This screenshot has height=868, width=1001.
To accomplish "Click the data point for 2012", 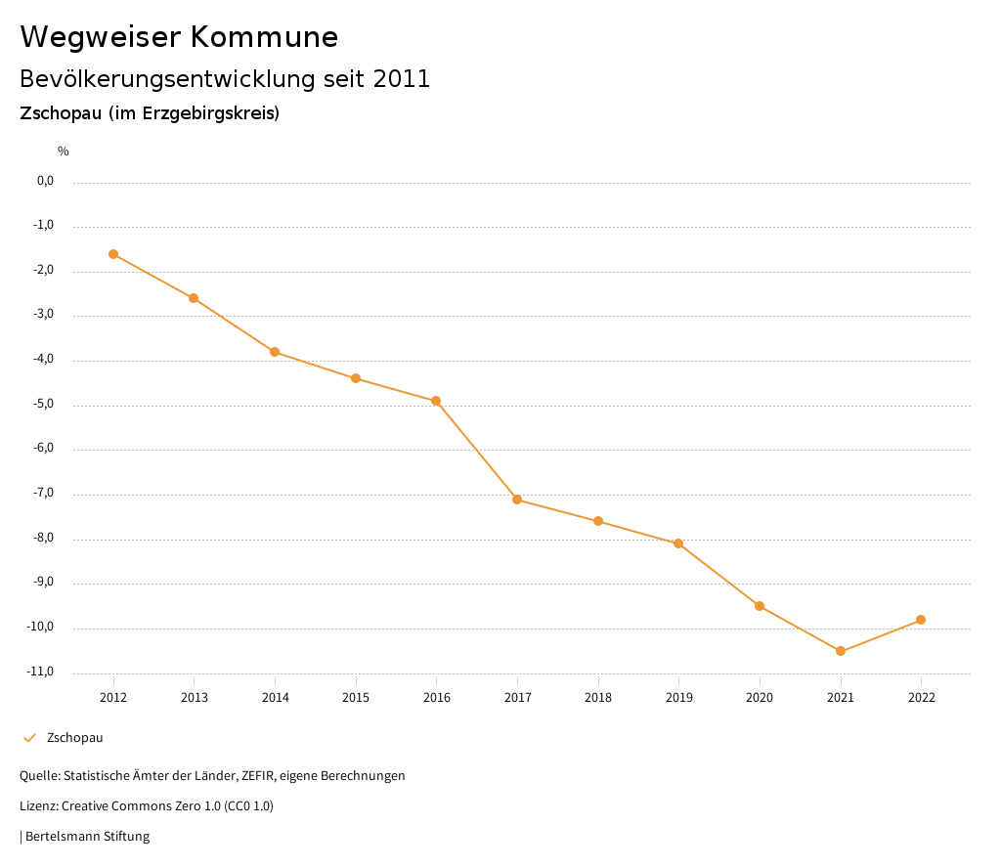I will coord(113,254).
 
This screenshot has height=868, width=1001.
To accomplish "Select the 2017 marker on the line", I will coord(517,499).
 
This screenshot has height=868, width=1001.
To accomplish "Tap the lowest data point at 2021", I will coord(841,651).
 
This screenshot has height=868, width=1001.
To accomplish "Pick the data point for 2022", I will coord(921,620).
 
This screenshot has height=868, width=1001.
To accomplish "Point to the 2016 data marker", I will coord(436,401).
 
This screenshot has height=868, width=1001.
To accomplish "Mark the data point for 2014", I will coord(275,352).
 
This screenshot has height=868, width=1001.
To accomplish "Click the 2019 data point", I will coord(678,543).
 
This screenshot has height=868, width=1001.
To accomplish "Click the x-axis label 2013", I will coord(195,698).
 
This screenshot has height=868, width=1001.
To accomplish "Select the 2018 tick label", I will coord(598,698).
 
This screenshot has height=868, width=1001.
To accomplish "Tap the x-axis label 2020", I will coord(760,698).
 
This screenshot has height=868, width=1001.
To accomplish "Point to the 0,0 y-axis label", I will coord(45,181).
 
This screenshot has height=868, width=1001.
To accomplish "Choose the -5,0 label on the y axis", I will coord(43,404).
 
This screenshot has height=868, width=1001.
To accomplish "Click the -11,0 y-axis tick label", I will coord(40,672).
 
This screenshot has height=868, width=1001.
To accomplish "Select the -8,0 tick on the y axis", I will coord(43,538).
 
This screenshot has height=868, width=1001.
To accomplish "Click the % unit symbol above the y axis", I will coord(64,152).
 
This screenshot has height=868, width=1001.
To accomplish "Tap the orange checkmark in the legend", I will coord(29,738).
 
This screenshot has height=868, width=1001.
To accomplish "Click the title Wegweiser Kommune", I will coord(179,37).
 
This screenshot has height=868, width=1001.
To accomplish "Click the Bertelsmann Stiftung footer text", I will coord(87,837).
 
